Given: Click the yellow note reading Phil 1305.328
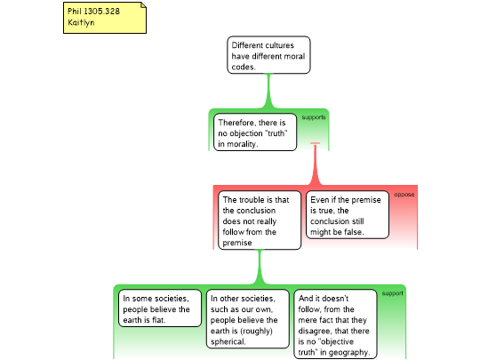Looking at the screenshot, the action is pyautogui.click(x=105, y=18).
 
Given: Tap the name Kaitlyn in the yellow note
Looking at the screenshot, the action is pyautogui.click(x=81, y=22).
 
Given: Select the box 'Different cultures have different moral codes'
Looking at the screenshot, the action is pyautogui.click(x=268, y=55).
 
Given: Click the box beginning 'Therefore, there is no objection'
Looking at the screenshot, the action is pyautogui.click(x=255, y=132).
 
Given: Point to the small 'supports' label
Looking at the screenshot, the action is pyautogui.click(x=314, y=117).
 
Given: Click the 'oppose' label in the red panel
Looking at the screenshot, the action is pyautogui.click(x=404, y=195).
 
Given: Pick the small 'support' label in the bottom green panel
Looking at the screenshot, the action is pyautogui.click(x=393, y=293).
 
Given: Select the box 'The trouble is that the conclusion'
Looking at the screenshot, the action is pyautogui.click(x=260, y=220).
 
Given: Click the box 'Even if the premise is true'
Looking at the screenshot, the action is pyautogui.click(x=348, y=215).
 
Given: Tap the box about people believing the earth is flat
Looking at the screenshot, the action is pyautogui.click(x=160, y=308).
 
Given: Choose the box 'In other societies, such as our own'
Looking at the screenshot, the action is pyautogui.click(x=248, y=319).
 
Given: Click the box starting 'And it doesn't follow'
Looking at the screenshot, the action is pyautogui.click(x=335, y=324).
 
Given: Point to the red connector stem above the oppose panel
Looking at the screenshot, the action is pyautogui.click(x=315, y=164).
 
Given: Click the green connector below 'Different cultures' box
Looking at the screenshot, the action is pyautogui.click(x=268, y=91).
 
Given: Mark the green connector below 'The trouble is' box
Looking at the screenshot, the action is pyautogui.click(x=260, y=267).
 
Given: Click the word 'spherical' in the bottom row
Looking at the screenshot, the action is pyautogui.click(x=228, y=341).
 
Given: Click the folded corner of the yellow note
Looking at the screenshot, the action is pyautogui.click(x=143, y=5).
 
